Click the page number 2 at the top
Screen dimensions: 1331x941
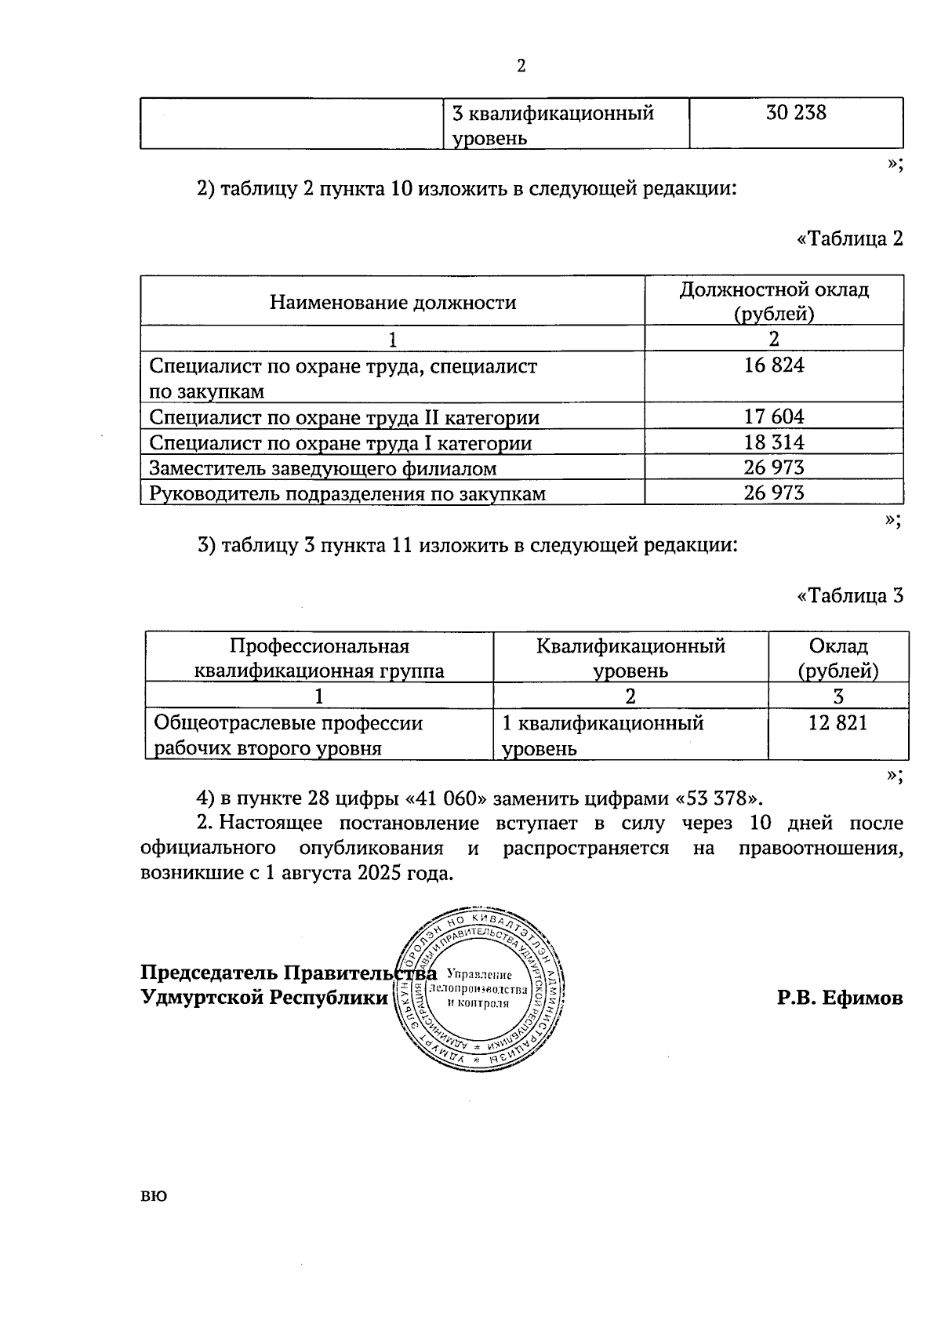pyautogui.click(x=521, y=66)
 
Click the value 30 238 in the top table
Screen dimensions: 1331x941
pyautogui.click(x=796, y=113)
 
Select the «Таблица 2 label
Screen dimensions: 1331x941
pyautogui.click(x=849, y=238)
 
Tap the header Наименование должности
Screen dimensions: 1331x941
pyautogui.click(x=392, y=303)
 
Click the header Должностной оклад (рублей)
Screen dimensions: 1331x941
pyautogui.click(x=773, y=301)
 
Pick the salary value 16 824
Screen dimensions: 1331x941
pyautogui.click(x=773, y=365)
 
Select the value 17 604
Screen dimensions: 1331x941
pyautogui.click(x=773, y=416)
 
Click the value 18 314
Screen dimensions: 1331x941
pyautogui.click(x=773, y=442)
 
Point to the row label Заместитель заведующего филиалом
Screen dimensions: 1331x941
pyautogui.click(x=322, y=468)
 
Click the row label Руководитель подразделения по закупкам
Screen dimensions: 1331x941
pyautogui.click(x=347, y=493)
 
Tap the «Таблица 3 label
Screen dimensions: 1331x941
pyautogui.click(x=849, y=596)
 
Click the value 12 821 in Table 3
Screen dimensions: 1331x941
pyautogui.click(x=837, y=723)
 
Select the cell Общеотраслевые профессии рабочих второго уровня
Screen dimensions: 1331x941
pyautogui.click(x=288, y=735)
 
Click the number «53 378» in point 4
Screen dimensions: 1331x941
pyautogui.click(x=718, y=798)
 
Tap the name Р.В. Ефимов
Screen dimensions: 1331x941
pyautogui.click(x=839, y=998)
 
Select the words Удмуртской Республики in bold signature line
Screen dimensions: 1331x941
pyautogui.click(x=263, y=998)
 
